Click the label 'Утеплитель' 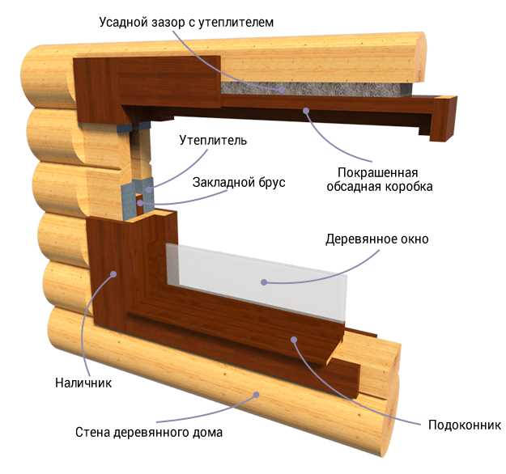pyautogui.click(x=214, y=141)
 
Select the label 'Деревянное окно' pyautogui.click(x=377, y=239)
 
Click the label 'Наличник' pyautogui.click(x=83, y=383)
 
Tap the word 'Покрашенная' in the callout pyautogui.click(x=378, y=172)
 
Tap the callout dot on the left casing pyautogui.click(x=114, y=274)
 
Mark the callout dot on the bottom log pyautogui.click(x=258, y=394)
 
